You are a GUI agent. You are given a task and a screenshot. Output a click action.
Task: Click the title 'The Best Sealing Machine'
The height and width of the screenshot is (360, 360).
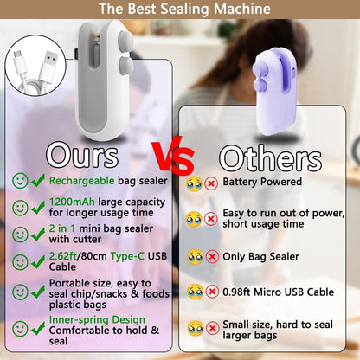point(180,10)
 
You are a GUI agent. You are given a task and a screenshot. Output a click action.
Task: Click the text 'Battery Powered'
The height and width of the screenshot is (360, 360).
point(262,182)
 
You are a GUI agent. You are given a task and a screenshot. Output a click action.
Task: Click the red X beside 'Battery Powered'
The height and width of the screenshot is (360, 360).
point(210,183)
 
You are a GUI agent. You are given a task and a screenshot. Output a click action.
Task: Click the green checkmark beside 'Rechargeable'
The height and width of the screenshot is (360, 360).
point(38,181)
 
